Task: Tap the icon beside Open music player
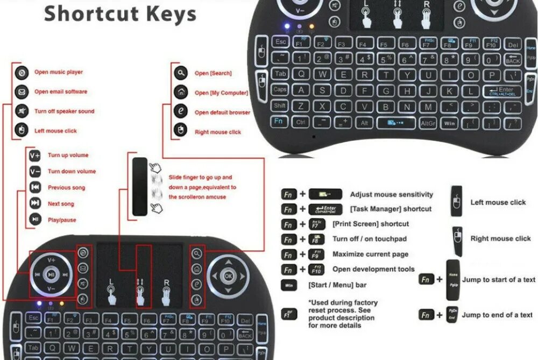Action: [x=21, y=72]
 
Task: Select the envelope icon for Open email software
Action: [x=21, y=91]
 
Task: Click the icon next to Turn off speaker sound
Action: [x=21, y=111]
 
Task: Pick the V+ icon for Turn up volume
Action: [x=35, y=156]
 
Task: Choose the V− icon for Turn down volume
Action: [x=35, y=172]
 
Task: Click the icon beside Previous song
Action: [x=35, y=188]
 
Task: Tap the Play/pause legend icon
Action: [x=35, y=220]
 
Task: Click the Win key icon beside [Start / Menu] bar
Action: [x=288, y=285]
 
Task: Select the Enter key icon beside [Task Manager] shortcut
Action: [x=325, y=209]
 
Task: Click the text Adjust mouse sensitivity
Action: [x=391, y=195]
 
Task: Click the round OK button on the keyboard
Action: [x=229, y=276]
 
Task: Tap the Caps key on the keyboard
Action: [x=280, y=90]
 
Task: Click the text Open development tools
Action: [x=373, y=269]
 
